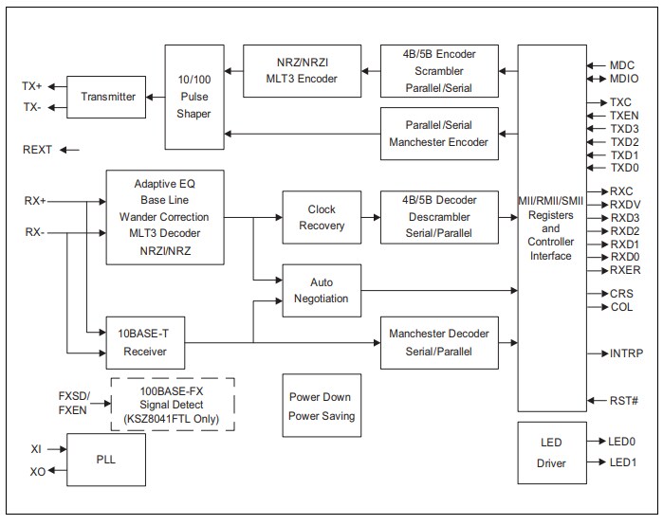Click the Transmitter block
tap(108, 97)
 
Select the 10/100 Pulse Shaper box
tap(193, 97)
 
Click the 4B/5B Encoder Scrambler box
tap(439, 69)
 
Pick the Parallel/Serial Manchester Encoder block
tap(439, 134)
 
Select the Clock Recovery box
tap(322, 217)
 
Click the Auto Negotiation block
tap(322, 290)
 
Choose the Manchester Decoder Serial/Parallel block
tap(439, 343)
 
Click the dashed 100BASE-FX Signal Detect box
tap(172, 404)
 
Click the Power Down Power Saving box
tap(322, 406)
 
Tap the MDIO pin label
tap(623, 79)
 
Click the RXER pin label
tap(624, 270)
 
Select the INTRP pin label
tap(626, 353)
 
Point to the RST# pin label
tap(623, 401)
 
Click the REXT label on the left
tap(39, 150)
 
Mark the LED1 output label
tap(623, 462)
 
